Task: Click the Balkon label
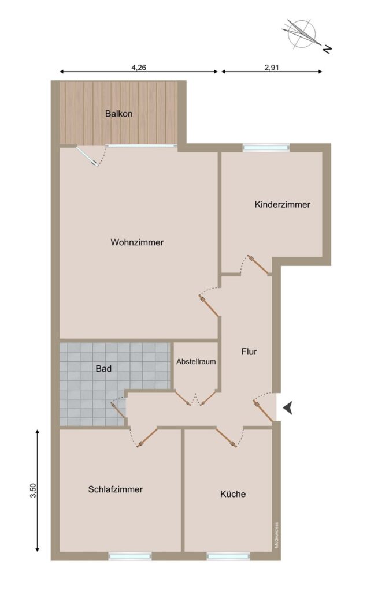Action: click(119, 114)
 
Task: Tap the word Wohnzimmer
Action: click(137, 242)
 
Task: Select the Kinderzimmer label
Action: click(283, 205)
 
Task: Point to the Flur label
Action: click(249, 351)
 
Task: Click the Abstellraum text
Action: click(196, 361)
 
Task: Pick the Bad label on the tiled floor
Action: click(103, 368)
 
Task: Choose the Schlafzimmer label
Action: click(116, 489)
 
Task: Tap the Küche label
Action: click(233, 494)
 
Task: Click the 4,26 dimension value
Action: click(139, 68)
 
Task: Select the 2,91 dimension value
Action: click(272, 68)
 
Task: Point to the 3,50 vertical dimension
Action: click(34, 491)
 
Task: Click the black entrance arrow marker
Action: click(288, 408)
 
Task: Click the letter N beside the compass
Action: click(327, 48)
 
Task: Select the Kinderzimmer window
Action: click(266, 148)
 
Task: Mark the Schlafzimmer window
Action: click(130, 556)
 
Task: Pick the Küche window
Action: click(228, 556)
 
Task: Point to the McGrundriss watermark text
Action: click(277, 535)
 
